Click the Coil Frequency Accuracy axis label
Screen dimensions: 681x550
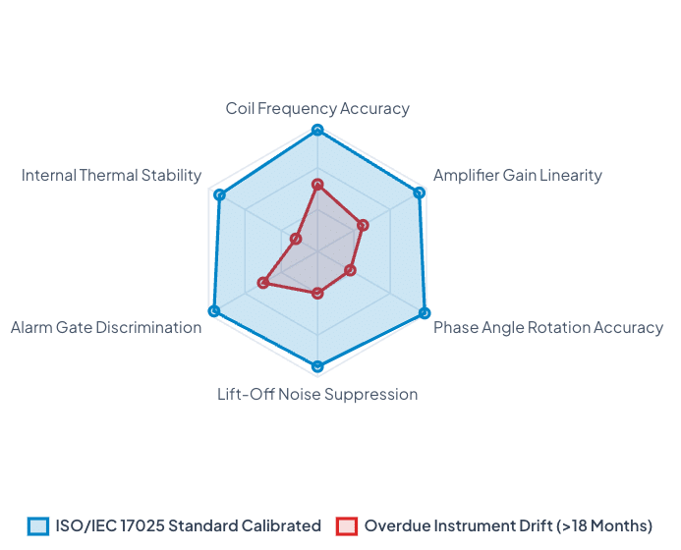pos(317,108)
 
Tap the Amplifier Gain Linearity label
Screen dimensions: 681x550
pos(518,176)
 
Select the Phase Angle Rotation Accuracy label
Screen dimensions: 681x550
pos(548,327)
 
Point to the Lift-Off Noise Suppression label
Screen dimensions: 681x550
pos(317,394)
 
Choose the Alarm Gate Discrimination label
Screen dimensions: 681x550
pos(106,327)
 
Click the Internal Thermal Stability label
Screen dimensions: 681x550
pos(112,176)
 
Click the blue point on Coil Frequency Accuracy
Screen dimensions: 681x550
pos(317,130)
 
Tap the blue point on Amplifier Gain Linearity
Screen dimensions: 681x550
pos(419,192)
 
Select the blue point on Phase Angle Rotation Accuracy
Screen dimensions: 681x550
pos(425,312)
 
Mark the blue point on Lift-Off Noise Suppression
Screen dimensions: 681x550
pos(317,366)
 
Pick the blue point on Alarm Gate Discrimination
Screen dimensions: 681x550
pos(213,310)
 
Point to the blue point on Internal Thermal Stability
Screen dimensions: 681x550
pos(220,194)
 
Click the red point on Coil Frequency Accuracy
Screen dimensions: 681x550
pos(317,185)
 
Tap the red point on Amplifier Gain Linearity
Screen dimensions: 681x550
pos(363,225)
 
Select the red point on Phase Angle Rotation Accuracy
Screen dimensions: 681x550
pos(351,270)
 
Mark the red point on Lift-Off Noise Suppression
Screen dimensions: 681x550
pos(317,294)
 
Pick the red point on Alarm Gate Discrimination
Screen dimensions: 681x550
pos(262,283)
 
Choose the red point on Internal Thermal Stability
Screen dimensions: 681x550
pos(296,239)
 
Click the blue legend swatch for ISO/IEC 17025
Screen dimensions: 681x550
pos(38,526)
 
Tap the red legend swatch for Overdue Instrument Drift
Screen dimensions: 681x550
pos(347,526)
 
